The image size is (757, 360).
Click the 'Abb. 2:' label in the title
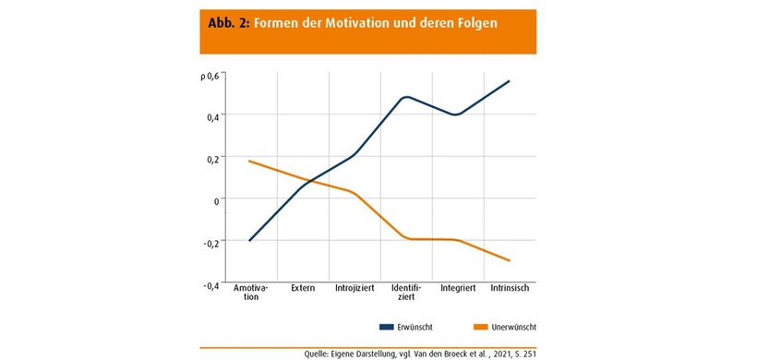point(223,23)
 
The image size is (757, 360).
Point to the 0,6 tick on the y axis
point(211,76)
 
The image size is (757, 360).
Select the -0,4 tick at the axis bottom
point(210,285)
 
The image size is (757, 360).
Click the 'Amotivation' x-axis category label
point(250,293)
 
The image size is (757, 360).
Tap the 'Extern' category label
point(303,288)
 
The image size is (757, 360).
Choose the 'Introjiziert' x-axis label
point(354,288)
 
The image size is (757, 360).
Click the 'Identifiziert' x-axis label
point(407,293)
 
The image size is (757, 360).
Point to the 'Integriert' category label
point(458,288)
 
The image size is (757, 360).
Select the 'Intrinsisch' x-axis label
point(510,288)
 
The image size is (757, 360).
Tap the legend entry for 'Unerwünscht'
point(504,328)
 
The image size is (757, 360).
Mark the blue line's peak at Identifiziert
point(406,97)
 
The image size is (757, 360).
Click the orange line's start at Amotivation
point(250,162)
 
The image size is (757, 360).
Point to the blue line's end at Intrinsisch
point(509,81)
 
